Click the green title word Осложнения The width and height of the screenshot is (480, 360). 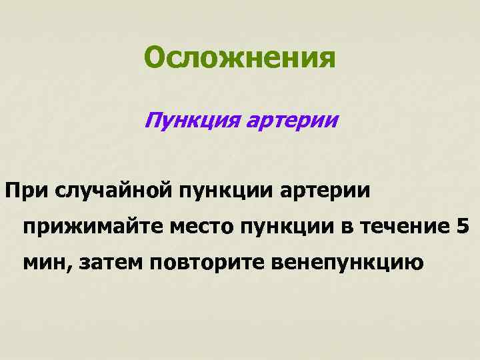coord(240,59)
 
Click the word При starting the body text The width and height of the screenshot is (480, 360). coord(27,192)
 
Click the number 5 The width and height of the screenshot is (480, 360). coord(462,227)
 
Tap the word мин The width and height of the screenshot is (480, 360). coord(47,263)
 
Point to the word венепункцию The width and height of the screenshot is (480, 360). coord(347,263)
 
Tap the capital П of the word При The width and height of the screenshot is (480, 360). coord(13,192)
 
